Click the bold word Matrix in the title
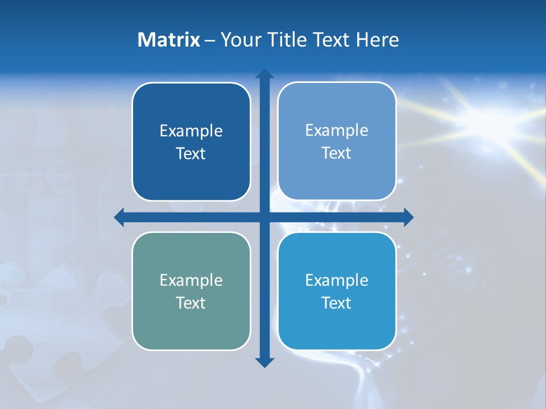point(169,40)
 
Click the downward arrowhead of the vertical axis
point(264,362)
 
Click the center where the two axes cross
point(264,217)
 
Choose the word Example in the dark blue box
point(191,131)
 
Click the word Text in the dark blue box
point(191,153)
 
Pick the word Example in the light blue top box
point(337,131)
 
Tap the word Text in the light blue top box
point(337,153)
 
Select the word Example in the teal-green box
point(191,280)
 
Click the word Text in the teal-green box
point(191,303)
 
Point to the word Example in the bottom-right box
point(337,280)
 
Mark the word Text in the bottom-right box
point(337,303)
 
